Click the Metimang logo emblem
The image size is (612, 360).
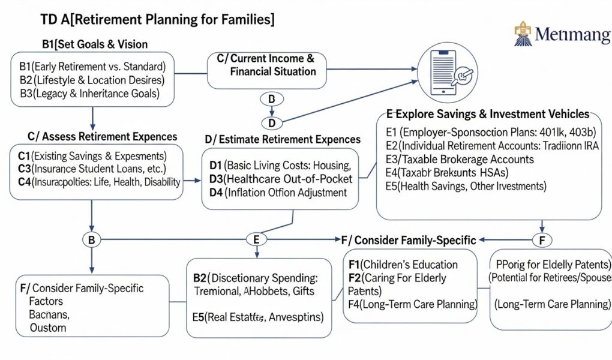[523, 34]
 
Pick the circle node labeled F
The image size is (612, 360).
[542, 240]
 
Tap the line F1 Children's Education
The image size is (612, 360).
[403, 265]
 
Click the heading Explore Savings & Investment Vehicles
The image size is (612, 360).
[488, 114]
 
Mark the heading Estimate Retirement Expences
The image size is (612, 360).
[283, 139]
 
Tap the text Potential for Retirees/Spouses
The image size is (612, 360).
[550, 278]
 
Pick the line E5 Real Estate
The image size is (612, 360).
[258, 316]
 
